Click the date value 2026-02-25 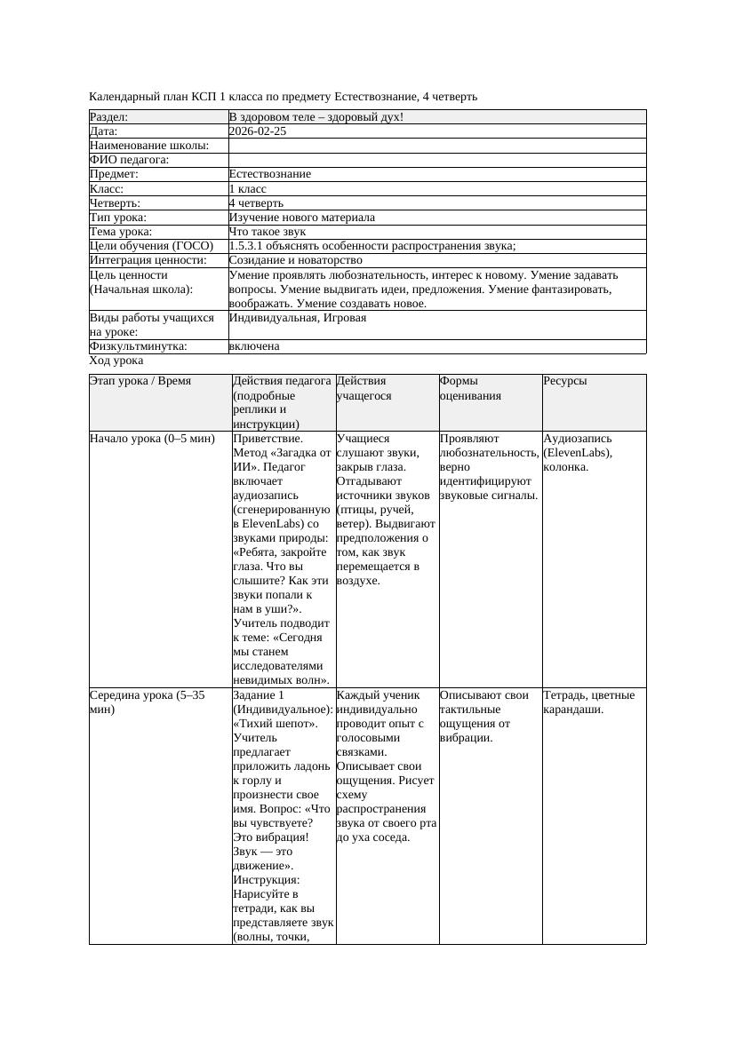258,131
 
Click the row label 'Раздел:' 109,117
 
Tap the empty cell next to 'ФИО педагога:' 435,160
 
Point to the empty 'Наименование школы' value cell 435,146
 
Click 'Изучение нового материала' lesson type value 302,218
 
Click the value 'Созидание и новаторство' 296,260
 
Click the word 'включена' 254,346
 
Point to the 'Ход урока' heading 116,361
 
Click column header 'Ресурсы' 565,381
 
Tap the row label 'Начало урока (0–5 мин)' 153,439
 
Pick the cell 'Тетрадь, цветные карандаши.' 588,702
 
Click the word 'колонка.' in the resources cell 566,467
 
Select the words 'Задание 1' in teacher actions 259,695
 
